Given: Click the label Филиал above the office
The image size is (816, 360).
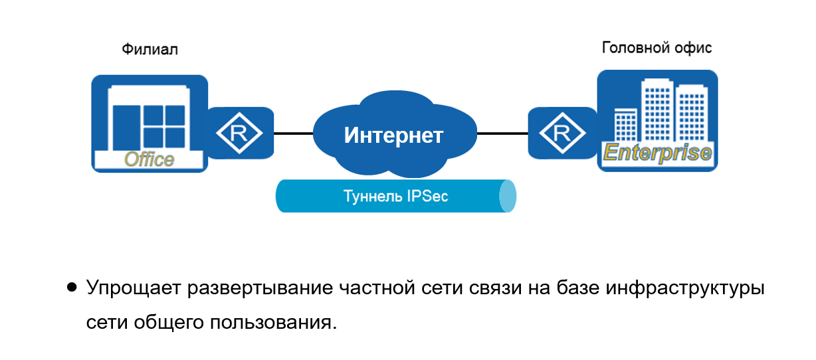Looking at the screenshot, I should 150,50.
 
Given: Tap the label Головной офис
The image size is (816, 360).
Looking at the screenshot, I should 657,48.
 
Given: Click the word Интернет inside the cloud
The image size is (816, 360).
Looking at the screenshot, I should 393,135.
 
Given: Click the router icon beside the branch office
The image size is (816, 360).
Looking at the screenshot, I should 241,133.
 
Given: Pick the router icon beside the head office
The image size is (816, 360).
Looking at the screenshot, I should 561,133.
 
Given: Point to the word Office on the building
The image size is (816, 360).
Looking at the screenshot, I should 150,159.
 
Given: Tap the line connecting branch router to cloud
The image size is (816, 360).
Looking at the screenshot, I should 293,134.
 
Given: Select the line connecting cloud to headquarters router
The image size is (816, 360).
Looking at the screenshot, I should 502,134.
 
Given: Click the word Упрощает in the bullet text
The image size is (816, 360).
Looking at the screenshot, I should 132,290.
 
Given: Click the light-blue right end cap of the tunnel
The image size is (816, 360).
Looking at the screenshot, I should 508,197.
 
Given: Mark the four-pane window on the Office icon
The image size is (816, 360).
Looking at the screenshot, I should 164,126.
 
